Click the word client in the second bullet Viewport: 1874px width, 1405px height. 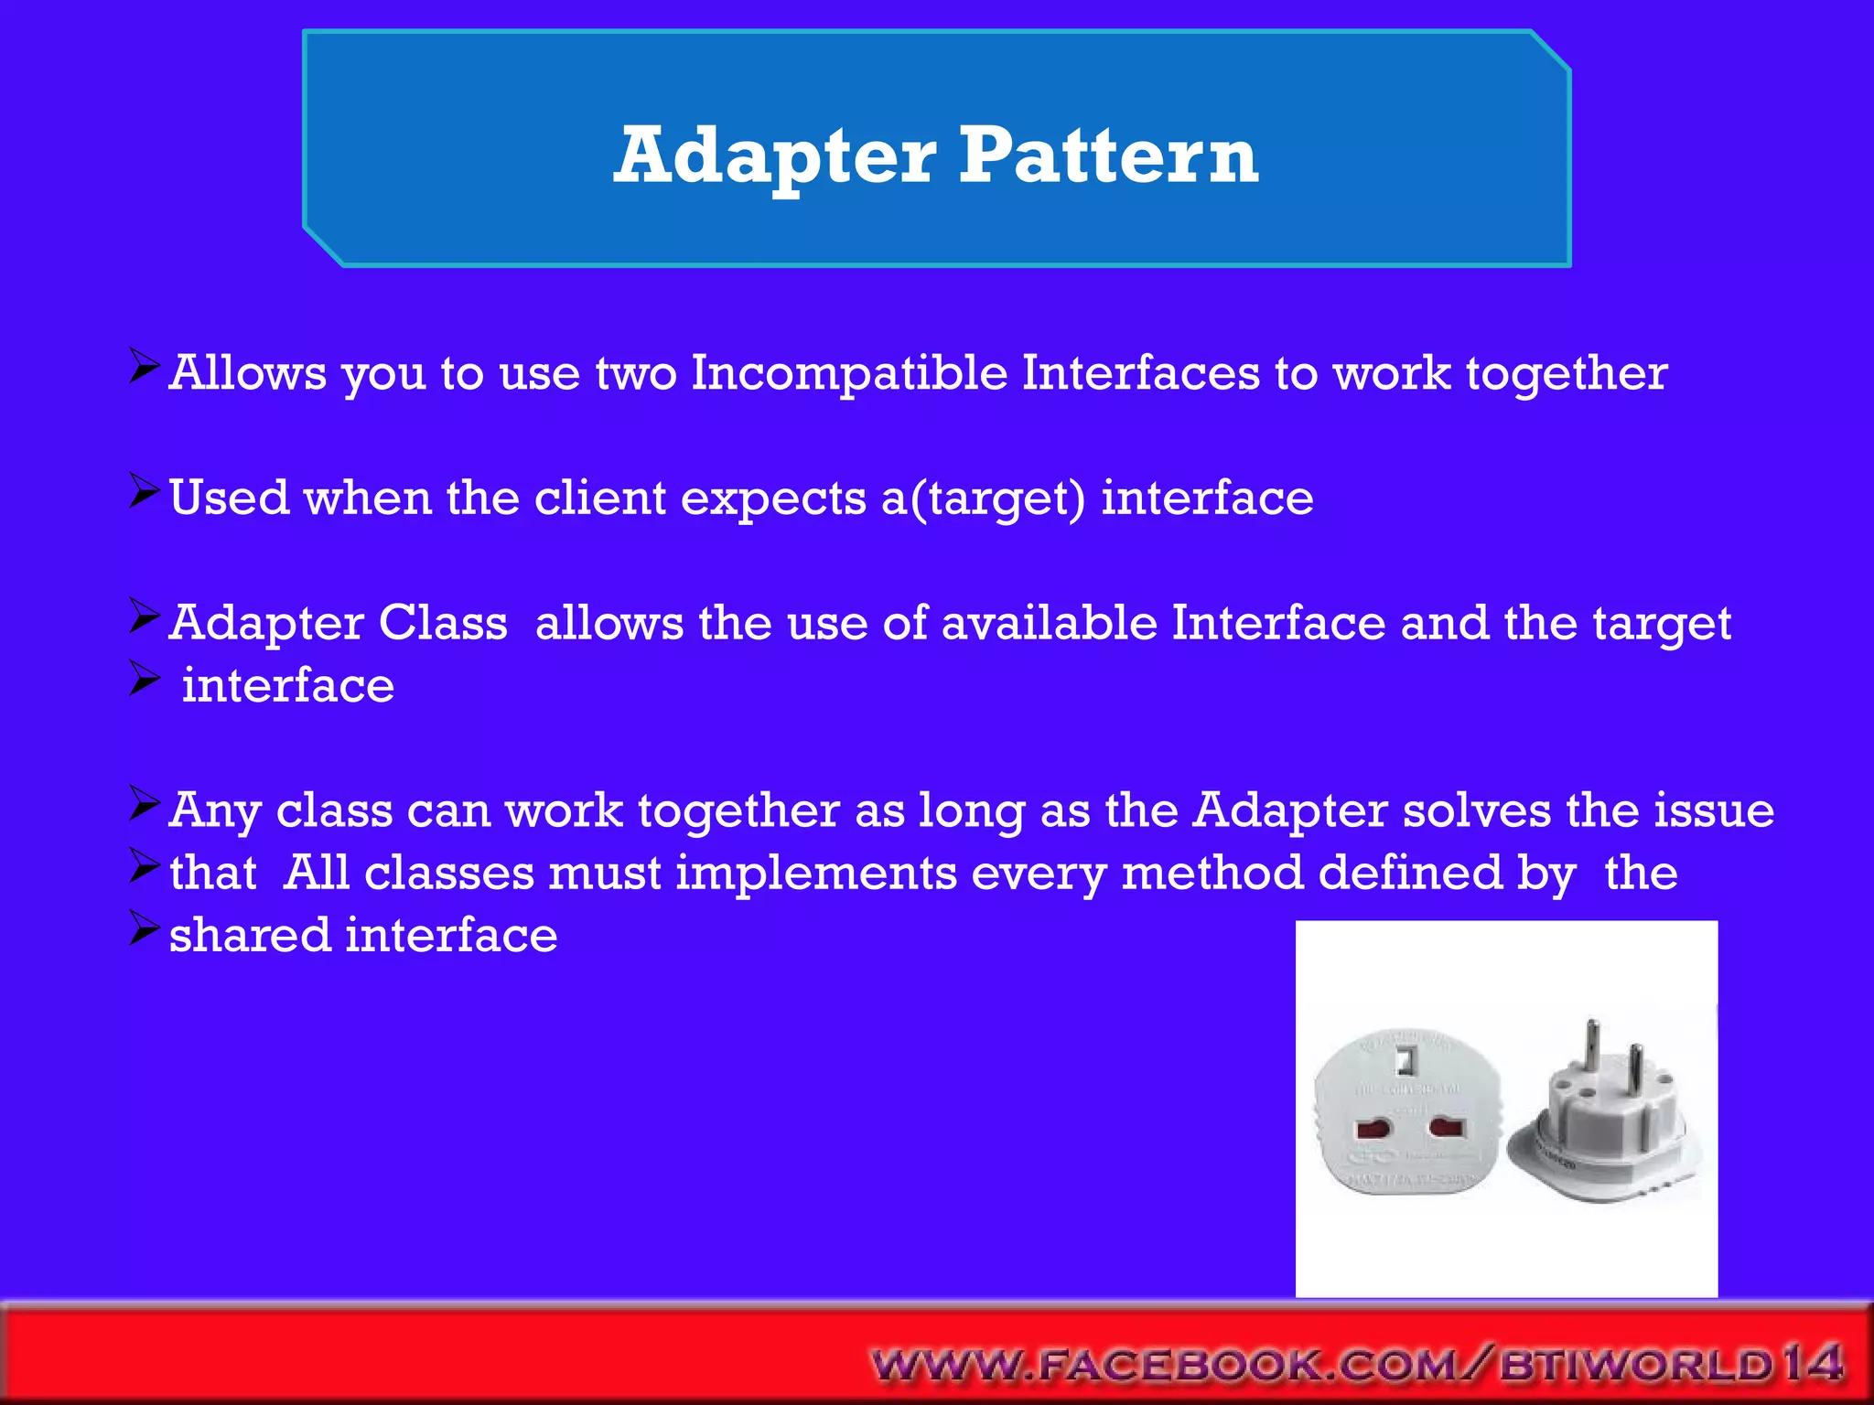(x=599, y=499)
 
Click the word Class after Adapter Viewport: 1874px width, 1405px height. (x=443, y=624)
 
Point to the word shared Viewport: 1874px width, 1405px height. (x=249, y=936)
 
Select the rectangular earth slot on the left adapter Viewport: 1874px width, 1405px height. (x=1405, y=1061)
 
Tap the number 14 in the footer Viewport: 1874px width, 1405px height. (x=1811, y=1364)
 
